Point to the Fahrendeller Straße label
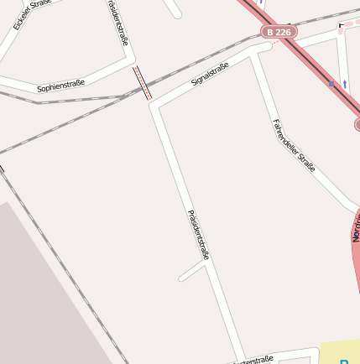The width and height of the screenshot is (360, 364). pyautogui.click(x=294, y=145)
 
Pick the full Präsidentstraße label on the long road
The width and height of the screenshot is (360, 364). pyautogui.click(x=198, y=234)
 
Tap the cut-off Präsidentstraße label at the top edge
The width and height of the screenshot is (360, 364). pyautogui.click(x=117, y=21)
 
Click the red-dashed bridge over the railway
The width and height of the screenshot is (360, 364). pyautogui.click(x=142, y=83)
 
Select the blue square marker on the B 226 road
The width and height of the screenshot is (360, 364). pyautogui.click(x=331, y=84)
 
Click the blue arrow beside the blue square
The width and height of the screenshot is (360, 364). pyautogui.click(x=344, y=84)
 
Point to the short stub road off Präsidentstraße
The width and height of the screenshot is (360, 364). pyautogui.click(x=191, y=271)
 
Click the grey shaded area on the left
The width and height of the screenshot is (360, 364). pyautogui.click(x=42, y=285)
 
